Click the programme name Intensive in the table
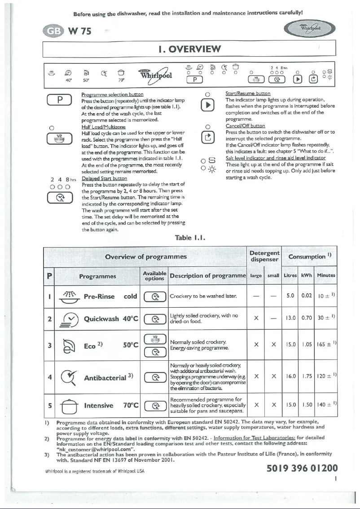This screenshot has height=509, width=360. [x=99, y=406]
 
